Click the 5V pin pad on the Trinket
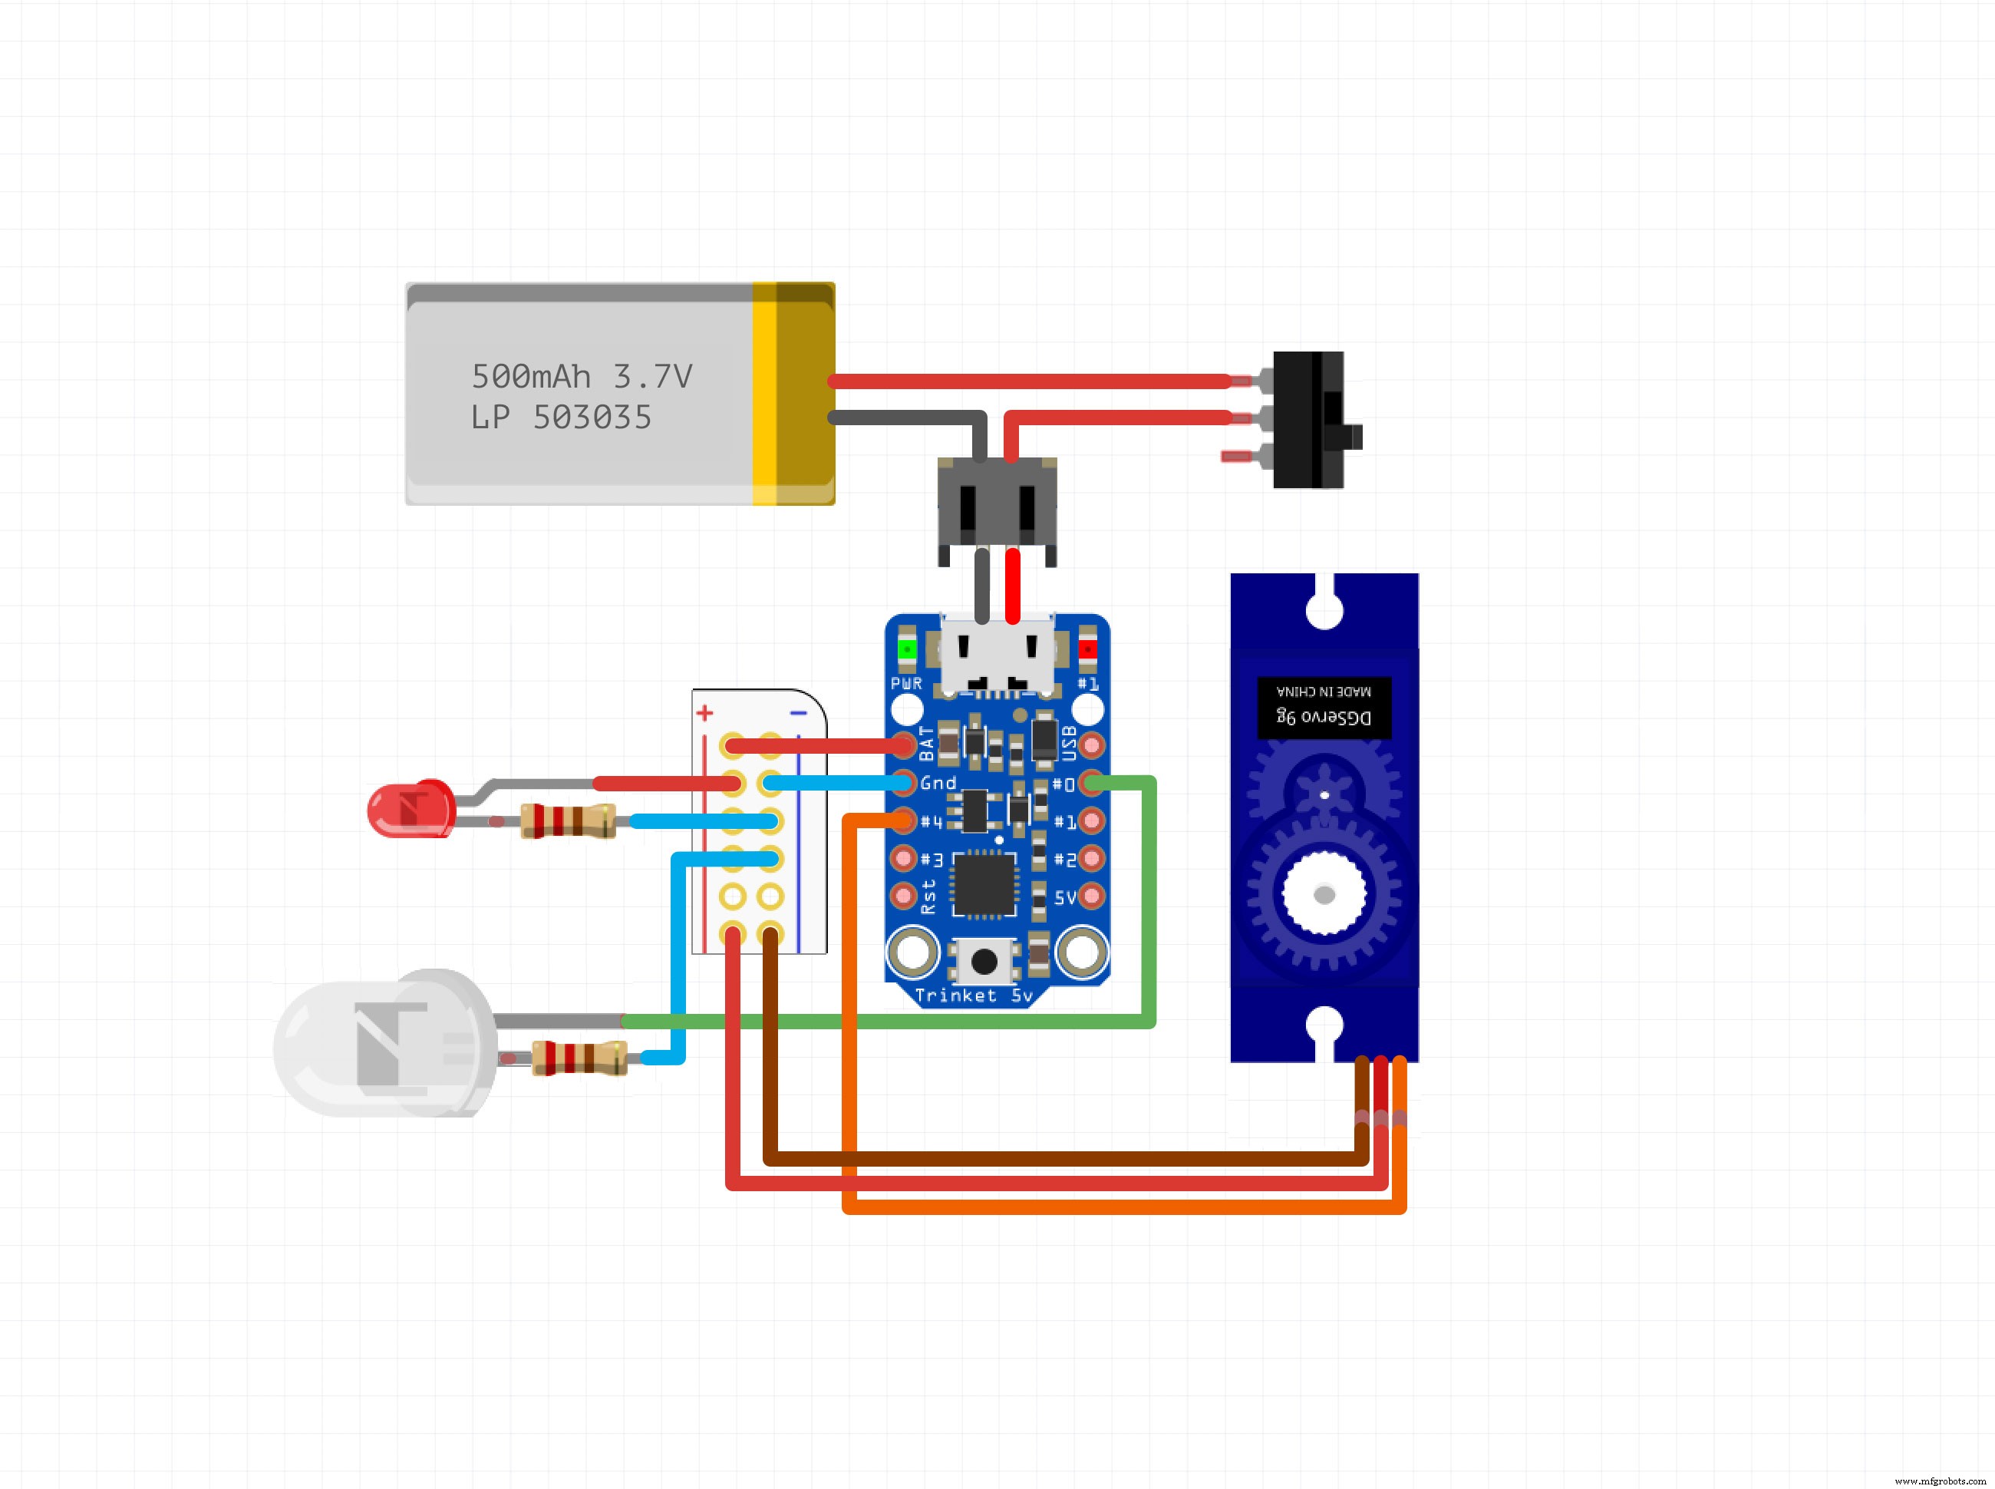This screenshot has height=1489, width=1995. (x=1091, y=896)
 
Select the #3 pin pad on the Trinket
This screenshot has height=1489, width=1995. (x=904, y=858)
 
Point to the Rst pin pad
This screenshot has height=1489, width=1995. (x=904, y=896)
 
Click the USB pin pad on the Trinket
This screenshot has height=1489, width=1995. (x=1091, y=745)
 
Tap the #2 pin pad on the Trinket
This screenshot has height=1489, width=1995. (x=1091, y=858)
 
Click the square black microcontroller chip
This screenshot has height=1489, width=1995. (x=984, y=883)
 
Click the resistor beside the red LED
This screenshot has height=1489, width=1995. (x=569, y=821)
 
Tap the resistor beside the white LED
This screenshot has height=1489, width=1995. (x=579, y=1057)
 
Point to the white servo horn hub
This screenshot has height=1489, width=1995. (x=1324, y=893)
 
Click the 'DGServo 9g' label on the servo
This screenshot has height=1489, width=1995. (x=1324, y=717)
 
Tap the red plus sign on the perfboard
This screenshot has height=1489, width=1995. (x=704, y=713)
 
